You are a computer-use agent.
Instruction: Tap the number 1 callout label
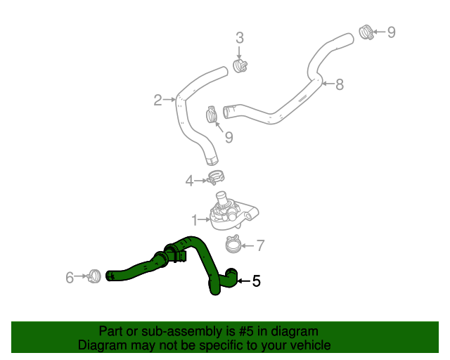(x=195, y=220)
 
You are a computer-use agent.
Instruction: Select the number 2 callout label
(x=157, y=100)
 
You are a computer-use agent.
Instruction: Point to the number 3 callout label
(x=239, y=38)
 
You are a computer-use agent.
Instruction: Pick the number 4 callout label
(x=189, y=181)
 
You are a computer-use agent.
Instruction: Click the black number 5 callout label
(x=256, y=281)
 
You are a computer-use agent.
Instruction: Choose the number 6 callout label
(x=70, y=278)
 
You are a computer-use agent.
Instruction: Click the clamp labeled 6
(x=95, y=276)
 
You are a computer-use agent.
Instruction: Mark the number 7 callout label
(x=259, y=245)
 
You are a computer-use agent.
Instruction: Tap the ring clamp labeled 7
(x=233, y=245)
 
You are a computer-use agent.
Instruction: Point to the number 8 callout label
(x=340, y=85)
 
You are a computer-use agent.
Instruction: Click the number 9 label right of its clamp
(x=392, y=32)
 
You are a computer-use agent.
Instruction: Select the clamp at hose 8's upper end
(x=366, y=32)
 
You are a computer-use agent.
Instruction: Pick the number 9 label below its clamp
(x=229, y=135)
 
